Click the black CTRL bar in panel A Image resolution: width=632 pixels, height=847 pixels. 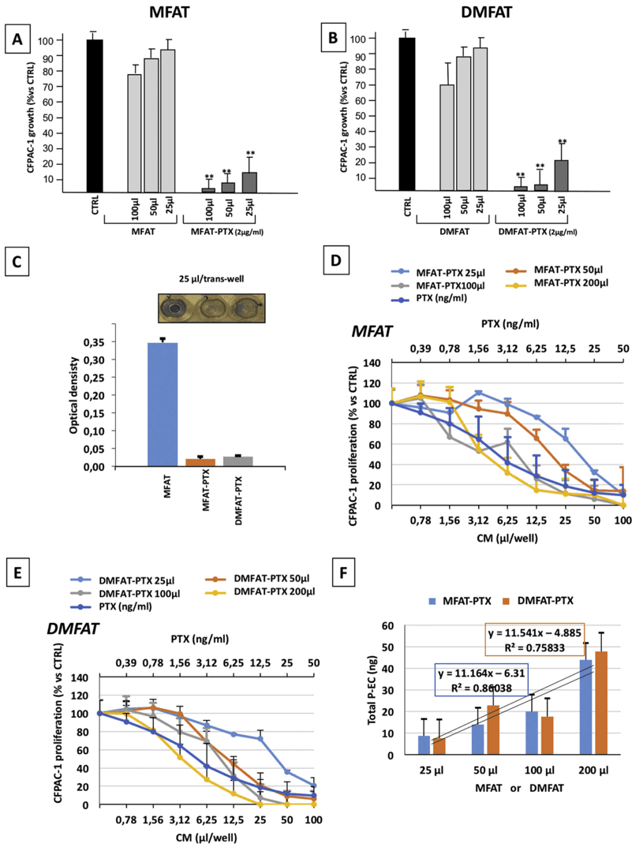coord(95,115)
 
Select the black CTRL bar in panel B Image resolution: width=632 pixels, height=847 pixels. coord(407,114)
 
